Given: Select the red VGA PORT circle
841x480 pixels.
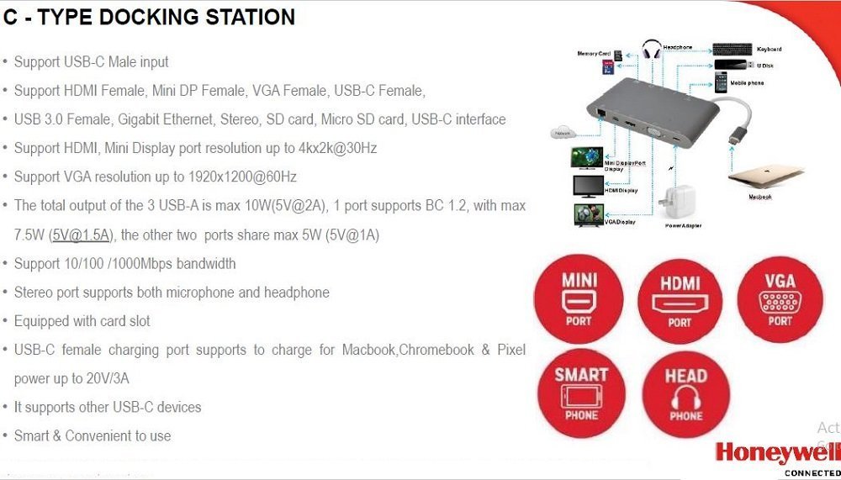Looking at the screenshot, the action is tap(780, 299).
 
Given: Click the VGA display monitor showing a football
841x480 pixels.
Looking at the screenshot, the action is tap(586, 215).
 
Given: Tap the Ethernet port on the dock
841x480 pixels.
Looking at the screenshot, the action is tap(600, 111).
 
